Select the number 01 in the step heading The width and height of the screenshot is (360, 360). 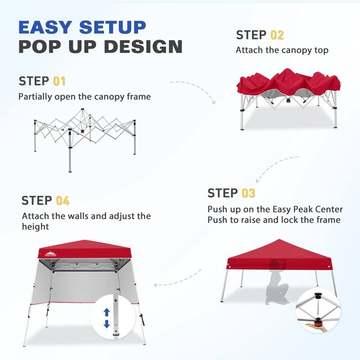point(59,81)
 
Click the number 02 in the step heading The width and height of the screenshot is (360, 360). point(277,35)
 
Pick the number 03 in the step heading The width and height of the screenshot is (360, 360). point(248,193)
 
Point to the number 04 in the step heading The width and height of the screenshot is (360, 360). point(63,201)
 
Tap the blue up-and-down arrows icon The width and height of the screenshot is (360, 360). point(107,318)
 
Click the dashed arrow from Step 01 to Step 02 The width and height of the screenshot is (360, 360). point(193,88)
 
